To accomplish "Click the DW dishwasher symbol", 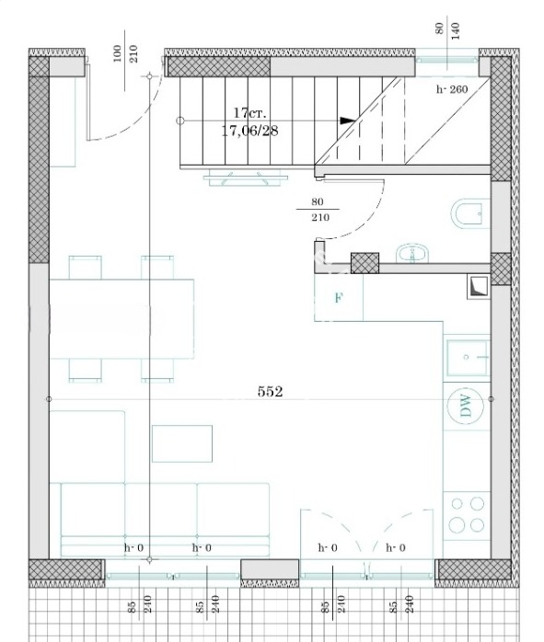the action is click(x=466, y=406).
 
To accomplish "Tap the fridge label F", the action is click(x=339, y=298).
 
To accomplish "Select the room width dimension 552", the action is click(x=270, y=392).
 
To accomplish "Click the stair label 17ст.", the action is click(x=249, y=112).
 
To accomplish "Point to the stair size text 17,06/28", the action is click(x=249, y=131).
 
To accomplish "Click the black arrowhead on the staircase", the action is click(x=348, y=120).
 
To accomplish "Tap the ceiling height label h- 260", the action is click(x=452, y=89).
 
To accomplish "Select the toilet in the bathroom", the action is click(x=470, y=213).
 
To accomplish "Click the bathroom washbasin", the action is click(x=412, y=254).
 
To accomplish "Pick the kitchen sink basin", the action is click(x=467, y=358).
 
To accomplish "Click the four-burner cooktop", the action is click(x=467, y=514).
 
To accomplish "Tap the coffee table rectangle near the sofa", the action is click(x=182, y=443).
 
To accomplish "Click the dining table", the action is click(x=122, y=318).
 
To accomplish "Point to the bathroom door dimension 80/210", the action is click(x=318, y=209).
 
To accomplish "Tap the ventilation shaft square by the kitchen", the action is click(x=479, y=287).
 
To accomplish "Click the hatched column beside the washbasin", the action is click(x=365, y=263).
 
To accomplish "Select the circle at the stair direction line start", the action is click(x=179, y=120).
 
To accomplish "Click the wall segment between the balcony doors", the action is click(x=270, y=569).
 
